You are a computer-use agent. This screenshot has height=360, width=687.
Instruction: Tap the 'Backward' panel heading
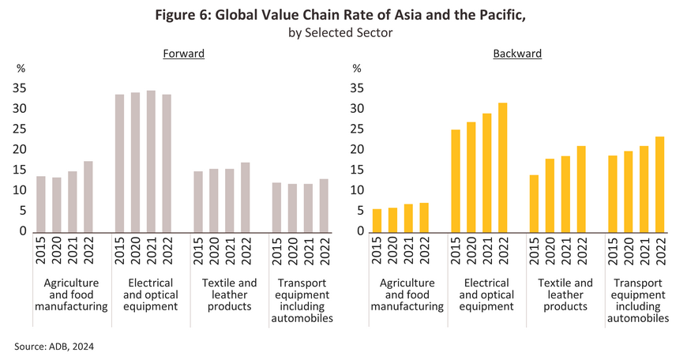pyautogui.click(x=517, y=54)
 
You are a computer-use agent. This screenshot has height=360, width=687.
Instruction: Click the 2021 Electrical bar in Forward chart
pyautogui.click(x=151, y=161)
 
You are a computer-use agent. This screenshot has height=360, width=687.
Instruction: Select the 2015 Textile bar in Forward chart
pyautogui.click(x=198, y=201)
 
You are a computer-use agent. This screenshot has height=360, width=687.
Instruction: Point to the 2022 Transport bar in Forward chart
pyautogui.click(x=324, y=205)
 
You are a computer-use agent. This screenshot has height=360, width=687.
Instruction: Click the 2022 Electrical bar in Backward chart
pyautogui.click(x=502, y=167)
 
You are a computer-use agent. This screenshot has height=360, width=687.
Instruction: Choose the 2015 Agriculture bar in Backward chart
pyautogui.click(x=377, y=220)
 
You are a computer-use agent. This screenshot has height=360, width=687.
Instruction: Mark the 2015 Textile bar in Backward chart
pyautogui.click(x=534, y=204)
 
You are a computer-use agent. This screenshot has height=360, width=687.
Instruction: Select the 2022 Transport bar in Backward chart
pyautogui.click(x=659, y=184)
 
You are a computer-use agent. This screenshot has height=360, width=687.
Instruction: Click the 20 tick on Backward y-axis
pyautogui.click(x=357, y=149)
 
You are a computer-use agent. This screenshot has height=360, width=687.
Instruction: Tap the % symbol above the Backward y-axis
pyautogui.click(x=356, y=69)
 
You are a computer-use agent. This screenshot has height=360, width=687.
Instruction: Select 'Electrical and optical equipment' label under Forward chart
pyautogui.click(x=151, y=294)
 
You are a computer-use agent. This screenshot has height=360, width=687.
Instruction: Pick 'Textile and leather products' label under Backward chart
pyautogui.click(x=565, y=294)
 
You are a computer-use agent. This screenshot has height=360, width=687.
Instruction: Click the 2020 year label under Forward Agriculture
pyautogui.click(x=57, y=253)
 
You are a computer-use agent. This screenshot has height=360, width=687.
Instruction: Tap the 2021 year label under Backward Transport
pyautogui.click(x=644, y=253)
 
